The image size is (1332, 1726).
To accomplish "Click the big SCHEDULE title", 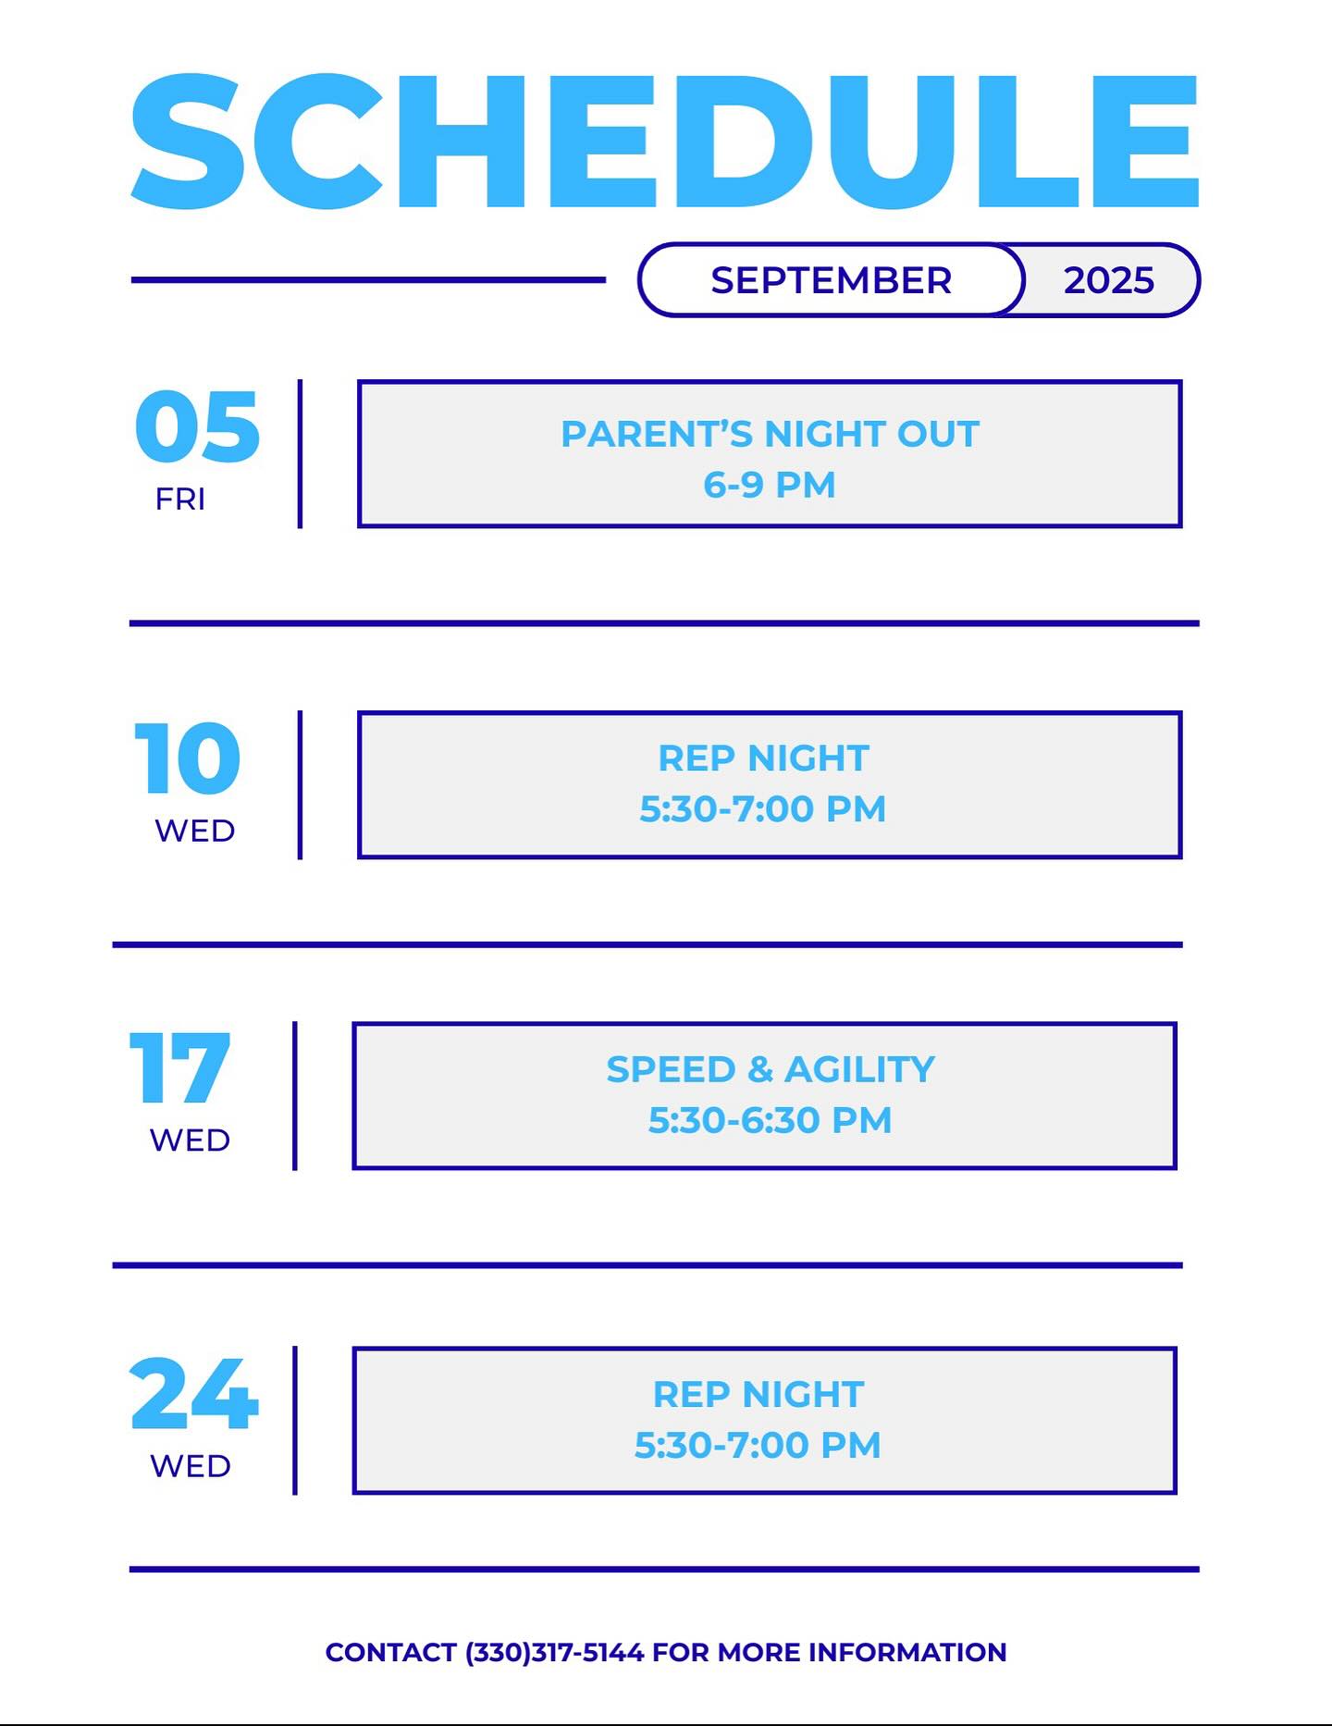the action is (x=665, y=141).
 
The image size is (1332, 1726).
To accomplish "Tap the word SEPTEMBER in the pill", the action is (x=831, y=280).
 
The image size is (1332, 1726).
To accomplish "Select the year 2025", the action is (x=1108, y=280).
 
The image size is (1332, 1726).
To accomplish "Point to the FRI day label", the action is (x=180, y=499).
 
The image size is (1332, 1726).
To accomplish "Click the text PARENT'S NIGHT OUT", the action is (x=770, y=434).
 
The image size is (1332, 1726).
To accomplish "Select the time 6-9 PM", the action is (x=770, y=485).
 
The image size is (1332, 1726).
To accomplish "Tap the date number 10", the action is (x=188, y=758).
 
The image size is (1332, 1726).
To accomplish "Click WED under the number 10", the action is (x=195, y=831).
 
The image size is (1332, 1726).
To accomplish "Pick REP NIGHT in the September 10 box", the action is (x=763, y=758).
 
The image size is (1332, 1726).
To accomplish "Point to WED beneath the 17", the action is (x=190, y=1140).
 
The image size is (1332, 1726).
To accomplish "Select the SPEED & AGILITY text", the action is (x=771, y=1069).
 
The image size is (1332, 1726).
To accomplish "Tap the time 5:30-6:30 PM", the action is (x=770, y=1120).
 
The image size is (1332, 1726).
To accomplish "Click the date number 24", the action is (x=194, y=1393).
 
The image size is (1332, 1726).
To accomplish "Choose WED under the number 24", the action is (x=191, y=1466).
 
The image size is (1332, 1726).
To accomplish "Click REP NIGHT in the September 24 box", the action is (x=758, y=1394).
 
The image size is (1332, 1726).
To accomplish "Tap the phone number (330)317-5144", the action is (x=555, y=1652).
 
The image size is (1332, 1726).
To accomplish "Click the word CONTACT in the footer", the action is (x=391, y=1652).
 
